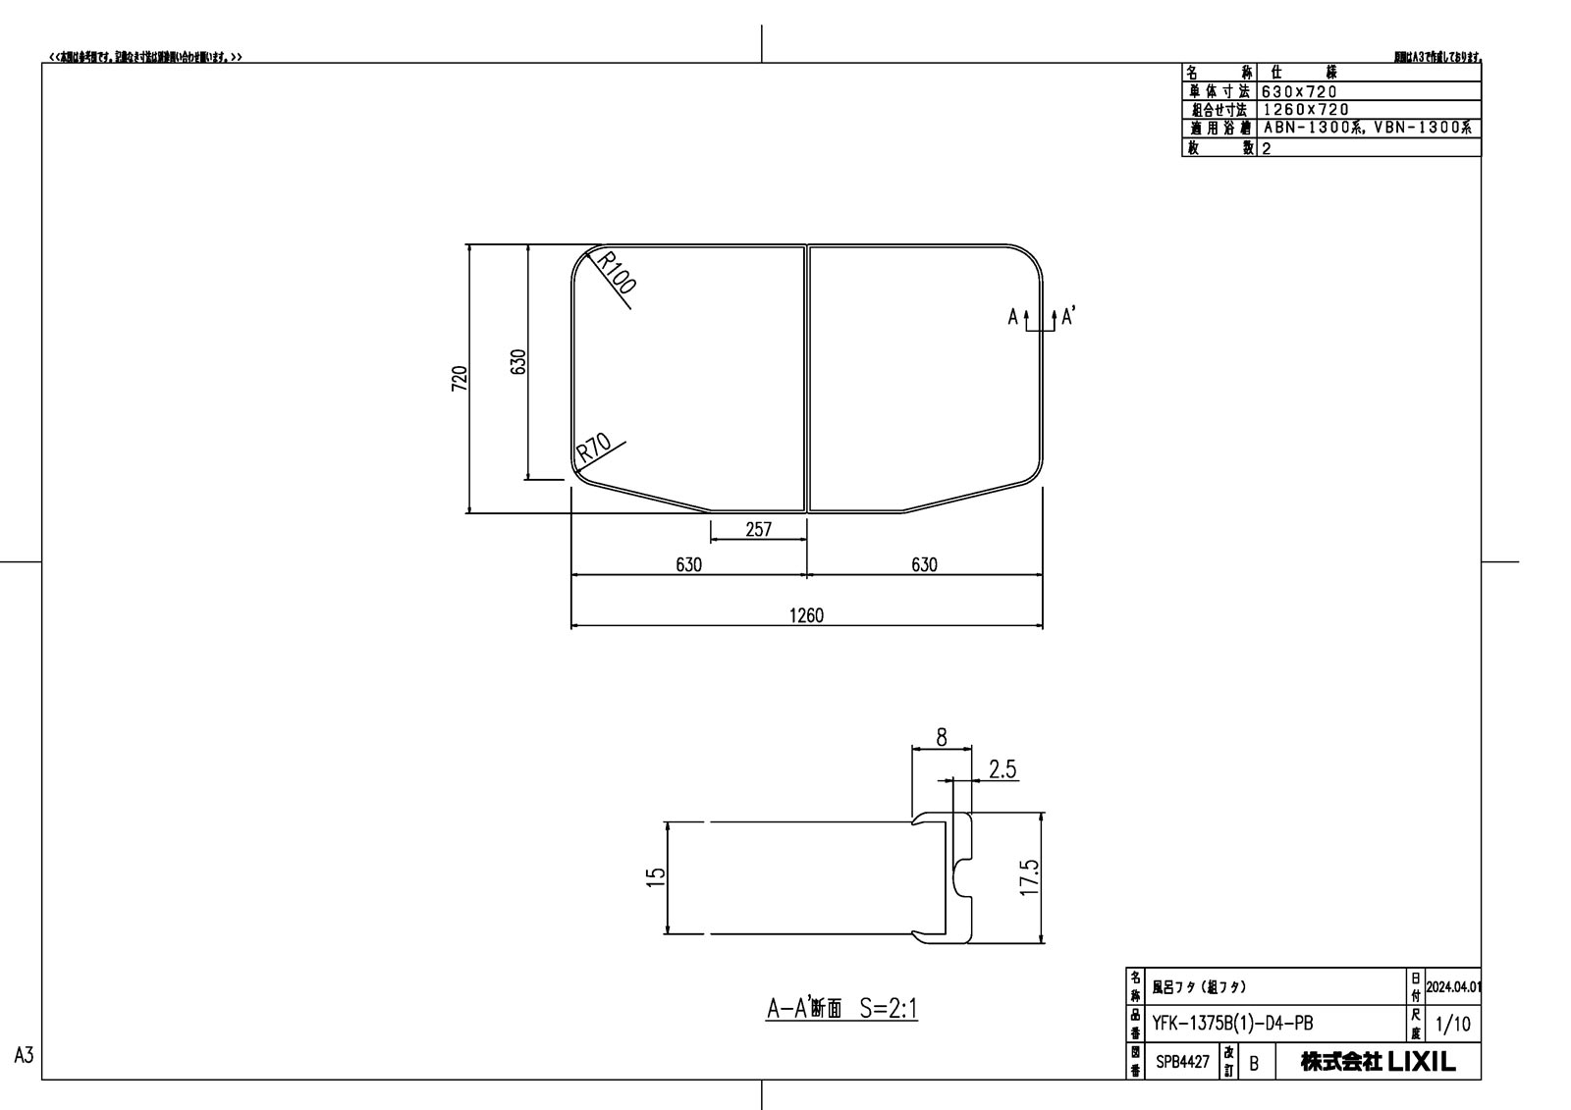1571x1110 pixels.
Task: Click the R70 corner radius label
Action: coord(593,449)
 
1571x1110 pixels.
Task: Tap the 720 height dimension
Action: coord(459,378)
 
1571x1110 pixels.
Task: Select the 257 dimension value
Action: coord(758,530)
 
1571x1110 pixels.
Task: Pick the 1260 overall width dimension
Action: coord(806,615)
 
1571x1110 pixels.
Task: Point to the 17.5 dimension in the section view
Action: coord(1028,876)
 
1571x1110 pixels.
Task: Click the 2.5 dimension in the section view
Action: coord(1002,769)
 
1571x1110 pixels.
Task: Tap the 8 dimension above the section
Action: coord(942,738)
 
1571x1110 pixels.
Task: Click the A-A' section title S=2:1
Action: coord(841,1009)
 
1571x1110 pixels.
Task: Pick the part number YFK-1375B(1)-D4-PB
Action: coord(1232,1024)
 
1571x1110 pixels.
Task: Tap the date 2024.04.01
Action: coord(1452,986)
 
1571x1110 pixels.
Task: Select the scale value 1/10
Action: coord(1452,1025)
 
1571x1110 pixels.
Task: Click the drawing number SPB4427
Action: coord(1181,1061)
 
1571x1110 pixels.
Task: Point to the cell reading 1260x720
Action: coord(1306,110)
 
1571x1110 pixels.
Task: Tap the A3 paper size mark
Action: coord(25,1055)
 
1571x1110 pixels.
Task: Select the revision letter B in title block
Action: coord(1253,1063)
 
